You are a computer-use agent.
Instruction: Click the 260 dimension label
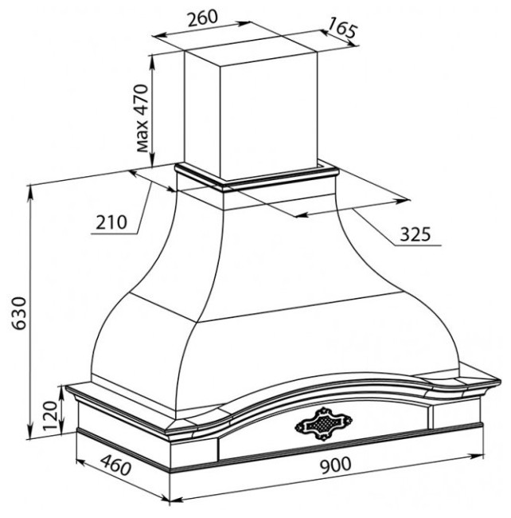[x=202, y=18]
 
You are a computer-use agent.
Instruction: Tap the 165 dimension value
[x=343, y=28]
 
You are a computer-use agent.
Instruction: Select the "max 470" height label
[x=142, y=118]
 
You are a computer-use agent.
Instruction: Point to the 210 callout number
[x=111, y=222]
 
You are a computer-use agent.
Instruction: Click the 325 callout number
[x=415, y=234]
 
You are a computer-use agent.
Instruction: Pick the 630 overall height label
[x=19, y=313]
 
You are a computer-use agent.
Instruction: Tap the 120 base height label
[x=50, y=415]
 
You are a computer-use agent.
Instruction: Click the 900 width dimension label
[x=336, y=465]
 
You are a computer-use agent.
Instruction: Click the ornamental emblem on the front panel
[x=323, y=424]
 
